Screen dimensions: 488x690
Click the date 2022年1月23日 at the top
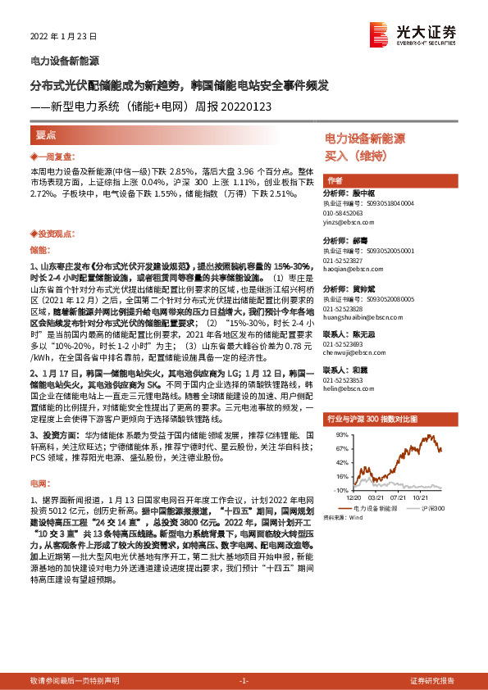click(63, 37)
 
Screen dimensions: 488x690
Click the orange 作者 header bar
click(335, 180)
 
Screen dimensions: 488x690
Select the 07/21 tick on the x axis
click(399, 497)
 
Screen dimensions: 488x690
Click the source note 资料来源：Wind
click(343, 518)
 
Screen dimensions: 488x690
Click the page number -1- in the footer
click(244, 681)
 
